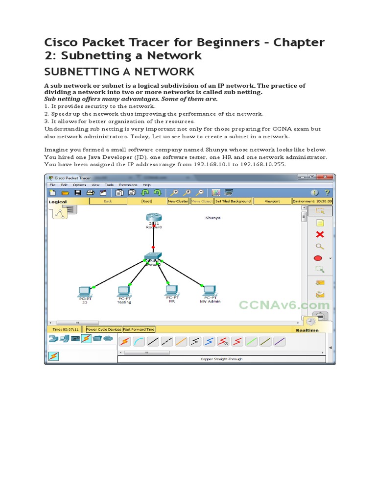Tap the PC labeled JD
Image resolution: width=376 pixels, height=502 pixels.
[84, 291]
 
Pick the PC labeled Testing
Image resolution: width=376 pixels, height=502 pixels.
[124, 291]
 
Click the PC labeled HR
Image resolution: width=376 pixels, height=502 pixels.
[171, 291]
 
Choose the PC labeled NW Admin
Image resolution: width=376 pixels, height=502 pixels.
[210, 290]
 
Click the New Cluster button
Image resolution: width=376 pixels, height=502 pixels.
[178, 201]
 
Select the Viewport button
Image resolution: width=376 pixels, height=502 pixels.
[272, 201]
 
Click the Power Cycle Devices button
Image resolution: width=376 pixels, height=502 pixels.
[103, 330]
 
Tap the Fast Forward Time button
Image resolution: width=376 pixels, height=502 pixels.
[138, 330]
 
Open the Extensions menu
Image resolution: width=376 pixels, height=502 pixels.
[128, 185]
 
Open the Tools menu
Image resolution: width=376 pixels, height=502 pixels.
[109, 185]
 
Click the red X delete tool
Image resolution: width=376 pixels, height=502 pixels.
[320, 235]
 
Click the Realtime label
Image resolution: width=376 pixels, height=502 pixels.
[307, 330]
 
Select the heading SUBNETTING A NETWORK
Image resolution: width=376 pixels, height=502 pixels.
[119, 72]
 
